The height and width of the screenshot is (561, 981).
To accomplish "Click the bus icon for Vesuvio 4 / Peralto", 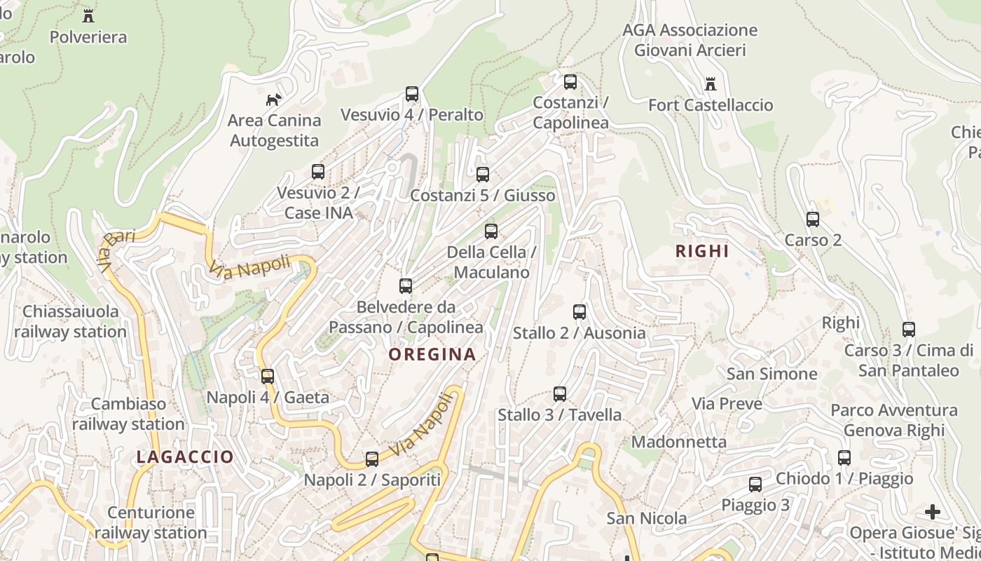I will tap(412, 94).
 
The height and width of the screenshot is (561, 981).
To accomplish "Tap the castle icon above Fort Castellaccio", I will tap(711, 85).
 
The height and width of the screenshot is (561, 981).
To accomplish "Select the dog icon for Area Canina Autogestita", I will tap(274, 100).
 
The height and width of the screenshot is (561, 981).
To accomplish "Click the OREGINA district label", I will tap(432, 355).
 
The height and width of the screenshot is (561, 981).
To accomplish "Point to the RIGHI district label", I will tap(702, 251).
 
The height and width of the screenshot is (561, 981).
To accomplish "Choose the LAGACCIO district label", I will tap(185, 457).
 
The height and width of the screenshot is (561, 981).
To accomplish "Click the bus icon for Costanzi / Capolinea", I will tap(570, 82).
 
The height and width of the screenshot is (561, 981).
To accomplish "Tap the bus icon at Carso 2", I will tap(813, 219).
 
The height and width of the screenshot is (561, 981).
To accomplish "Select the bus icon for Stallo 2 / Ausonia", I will tap(579, 312).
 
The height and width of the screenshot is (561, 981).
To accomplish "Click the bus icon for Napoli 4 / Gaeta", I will tap(268, 377).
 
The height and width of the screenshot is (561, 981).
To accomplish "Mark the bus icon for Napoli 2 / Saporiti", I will tap(372, 459).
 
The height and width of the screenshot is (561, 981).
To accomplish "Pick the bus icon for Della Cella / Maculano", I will tap(491, 231).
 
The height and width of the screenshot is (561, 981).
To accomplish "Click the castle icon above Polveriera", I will tap(88, 16).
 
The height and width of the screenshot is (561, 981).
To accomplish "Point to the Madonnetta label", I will tap(679, 442).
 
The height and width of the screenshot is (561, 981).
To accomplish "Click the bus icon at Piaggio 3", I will tap(755, 485).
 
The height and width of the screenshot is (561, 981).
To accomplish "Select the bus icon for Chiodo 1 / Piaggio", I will tap(844, 458).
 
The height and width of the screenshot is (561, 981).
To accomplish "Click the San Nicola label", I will tap(646, 518).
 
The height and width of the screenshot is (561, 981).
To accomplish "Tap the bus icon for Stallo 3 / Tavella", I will tap(560, 394).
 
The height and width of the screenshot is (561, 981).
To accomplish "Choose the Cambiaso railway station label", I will tap(128, 414).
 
